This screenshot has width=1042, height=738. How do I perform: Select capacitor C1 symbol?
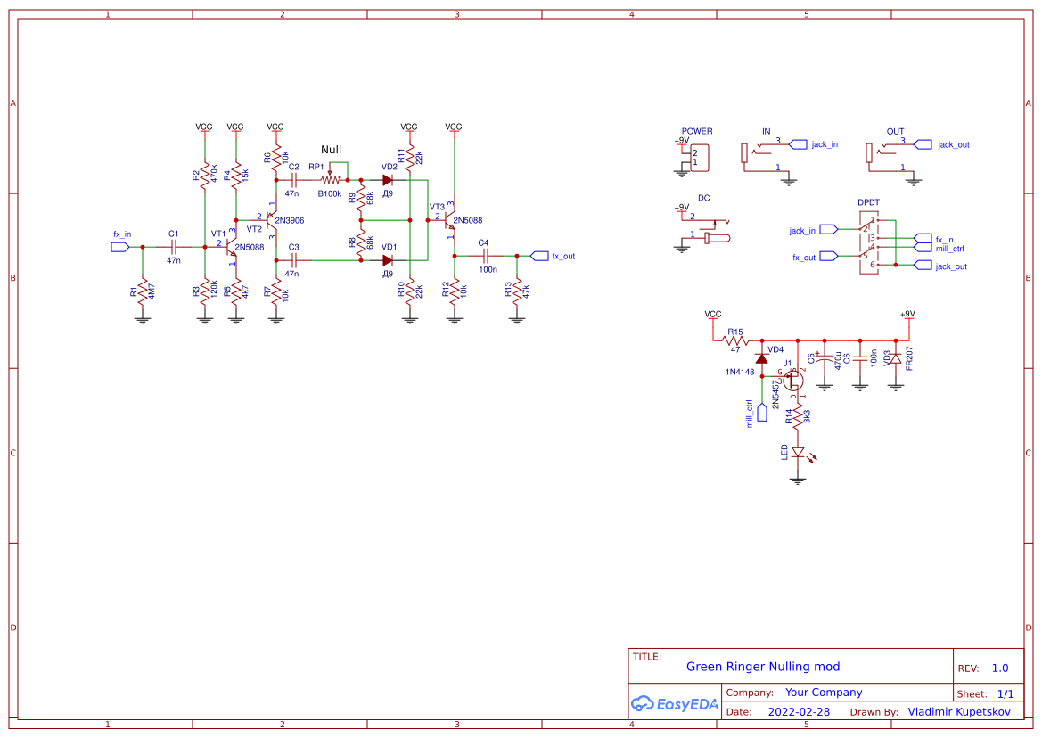pyautogui.click(x=174, y=247)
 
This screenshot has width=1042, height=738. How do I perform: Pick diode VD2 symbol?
pyautogui.click(x=388, y=180)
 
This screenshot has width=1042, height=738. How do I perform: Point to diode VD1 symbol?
pyautogui.click(x=388, y=260)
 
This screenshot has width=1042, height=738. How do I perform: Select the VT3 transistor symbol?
pyautogui.click(x=450, y=223)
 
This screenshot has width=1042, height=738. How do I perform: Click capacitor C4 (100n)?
pyautogui.click(x=488, y=256)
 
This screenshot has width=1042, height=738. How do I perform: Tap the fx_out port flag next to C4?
pyautogui.click(x=539, y=256)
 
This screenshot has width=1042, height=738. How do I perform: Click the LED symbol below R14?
pyautogui.click(x=799, y=453)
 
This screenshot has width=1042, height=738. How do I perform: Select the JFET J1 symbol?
pyautogui.click(x=793, y=379)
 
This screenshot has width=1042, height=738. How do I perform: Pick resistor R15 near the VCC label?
pyautogui.click(x=735, y=340)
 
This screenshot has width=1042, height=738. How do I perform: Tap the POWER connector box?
pyautogui.click(x=701, y=158)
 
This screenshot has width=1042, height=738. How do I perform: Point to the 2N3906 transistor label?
pyautogui.click(x=289, y=220)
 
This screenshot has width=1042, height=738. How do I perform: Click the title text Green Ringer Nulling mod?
pyautogui.click(x=762, y=667)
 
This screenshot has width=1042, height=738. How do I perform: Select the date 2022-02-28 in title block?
pyautogui.click(x=799, y=712)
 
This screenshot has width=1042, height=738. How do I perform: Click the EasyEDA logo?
pyautogui.click(x=674, y=703)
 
